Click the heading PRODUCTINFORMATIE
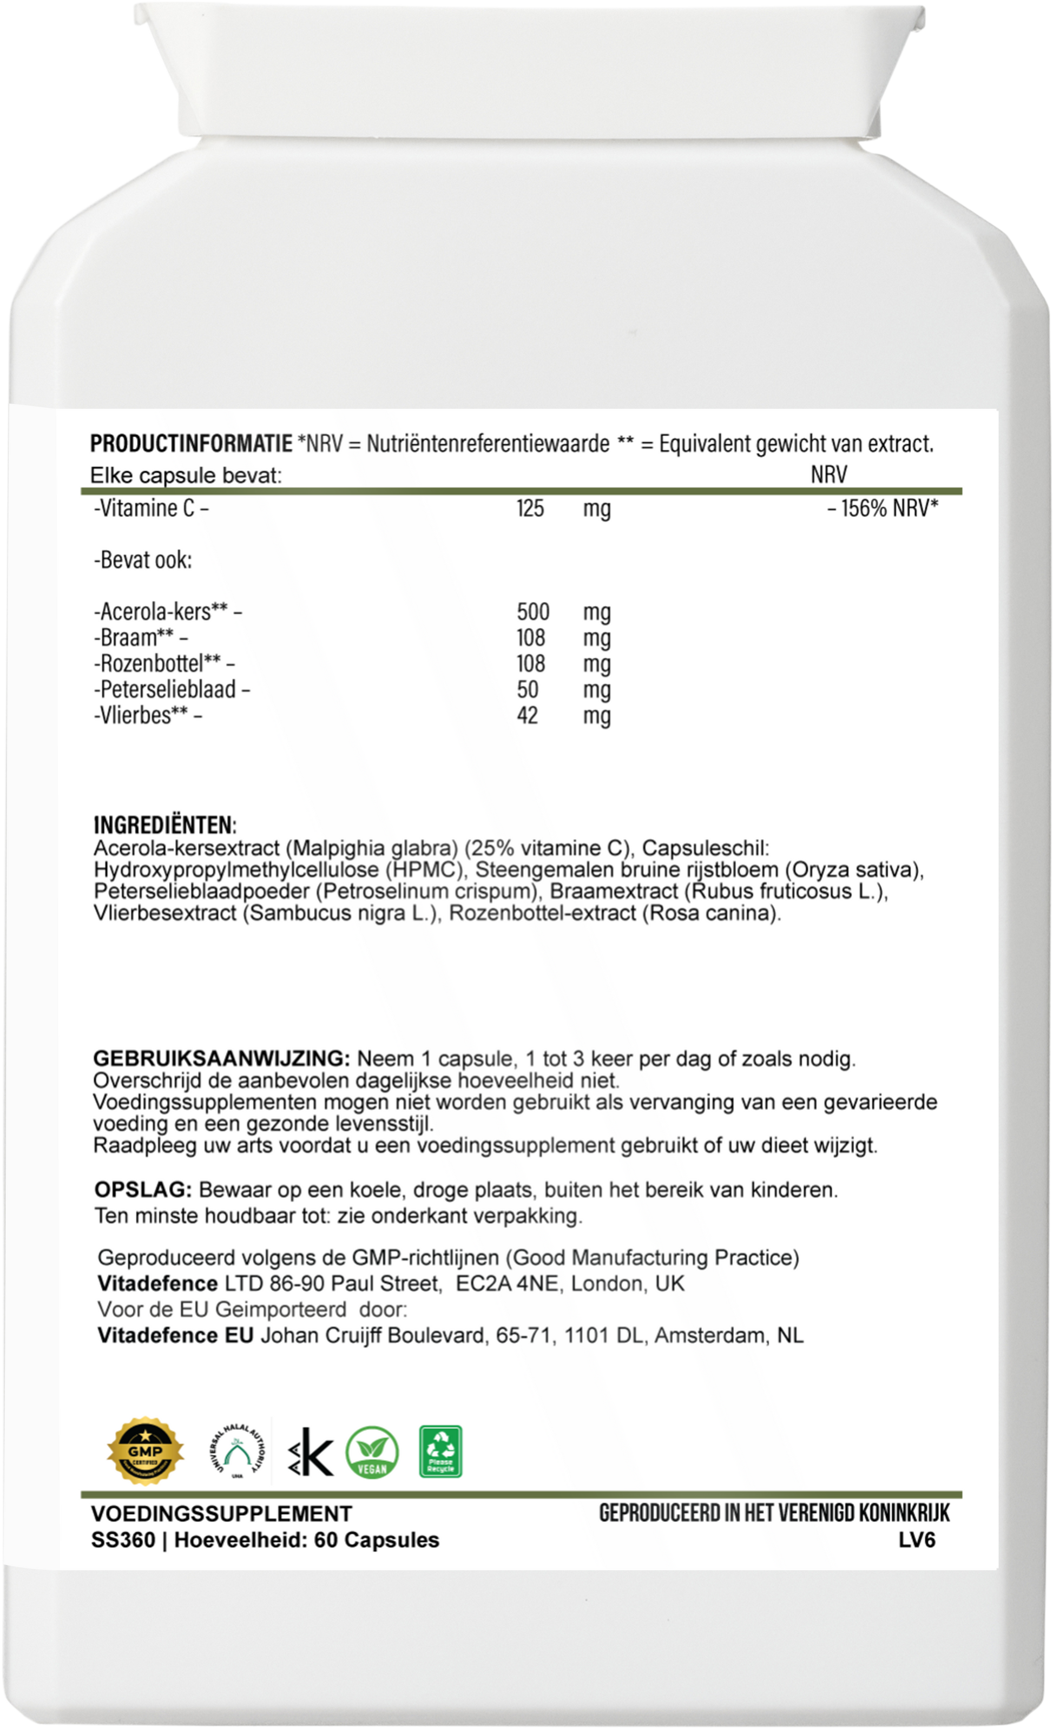point(191,444)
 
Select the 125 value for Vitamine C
point(530,507)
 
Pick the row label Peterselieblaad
point(168,689)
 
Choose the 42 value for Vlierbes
point(527,715)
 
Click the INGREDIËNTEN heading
point(165,823)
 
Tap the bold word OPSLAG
point(143,1190)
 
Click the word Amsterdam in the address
point(710,1335)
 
